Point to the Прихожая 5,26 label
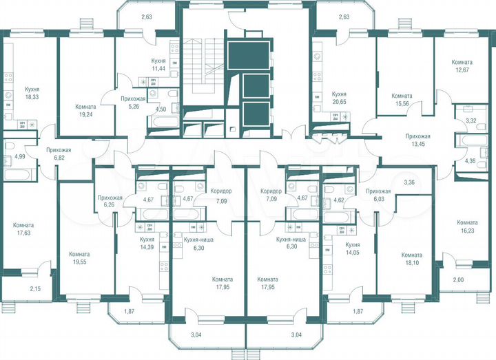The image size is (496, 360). point(132,103)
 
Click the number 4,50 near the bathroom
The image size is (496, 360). point(161,109)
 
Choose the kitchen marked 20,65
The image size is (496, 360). point(339,97)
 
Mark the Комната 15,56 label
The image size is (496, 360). point(402,100)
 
